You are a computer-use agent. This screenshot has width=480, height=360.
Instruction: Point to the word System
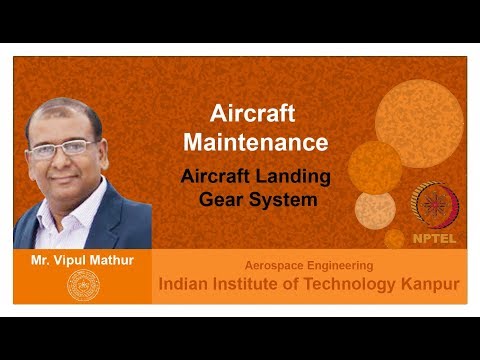[x=283, y=198]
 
